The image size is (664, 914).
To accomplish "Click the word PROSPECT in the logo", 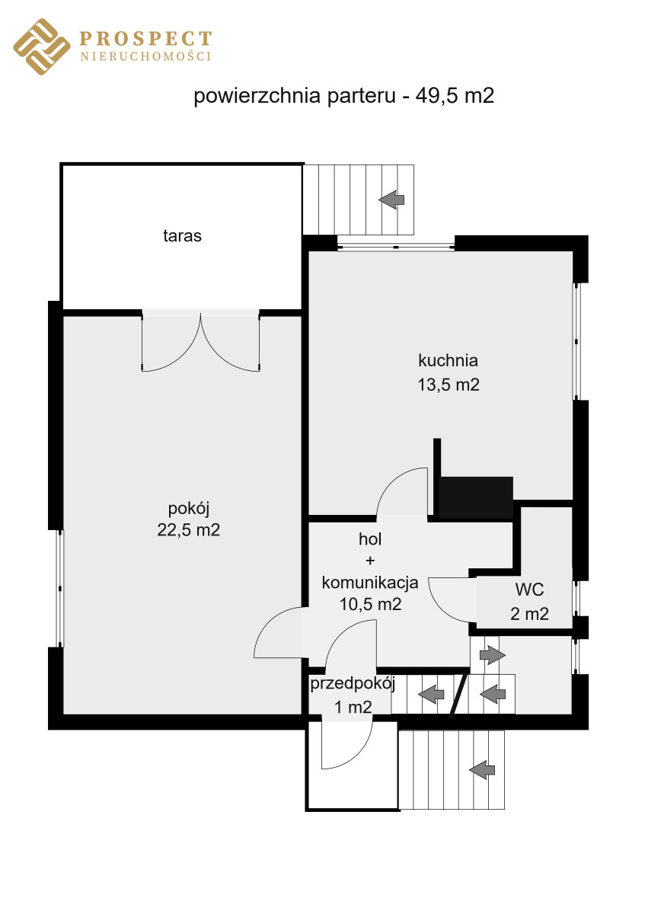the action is tap(145, 38).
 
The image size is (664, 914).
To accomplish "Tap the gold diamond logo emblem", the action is tap(42, 46).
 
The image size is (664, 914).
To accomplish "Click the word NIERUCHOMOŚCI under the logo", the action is tap(145, 56).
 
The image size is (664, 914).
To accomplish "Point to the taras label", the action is tap(182, 236).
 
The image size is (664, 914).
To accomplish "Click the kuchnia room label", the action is tap(449, 360).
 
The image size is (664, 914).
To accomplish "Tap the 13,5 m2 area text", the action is tap(449, 385).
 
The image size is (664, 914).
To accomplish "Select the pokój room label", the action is tap(189, 509).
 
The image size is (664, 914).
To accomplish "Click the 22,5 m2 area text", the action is tap(188, 530).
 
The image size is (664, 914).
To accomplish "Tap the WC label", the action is tap(529, 590).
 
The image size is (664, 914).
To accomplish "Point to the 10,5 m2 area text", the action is tap(370, 604).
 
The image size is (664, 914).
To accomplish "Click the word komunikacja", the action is tap(370, 583).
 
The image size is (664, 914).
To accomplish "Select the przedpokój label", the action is tap(353, 684).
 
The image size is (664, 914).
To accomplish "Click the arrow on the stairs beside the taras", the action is tap(391, 200).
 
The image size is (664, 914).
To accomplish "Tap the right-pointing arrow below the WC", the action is tap(493, 655).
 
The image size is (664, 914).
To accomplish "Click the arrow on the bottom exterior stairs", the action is tap(482, 770).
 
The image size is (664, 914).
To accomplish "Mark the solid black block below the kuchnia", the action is tap(476, 497).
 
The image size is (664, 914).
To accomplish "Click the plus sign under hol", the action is tap(370, 561).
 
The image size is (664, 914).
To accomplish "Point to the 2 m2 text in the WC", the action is tap(529, 614).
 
